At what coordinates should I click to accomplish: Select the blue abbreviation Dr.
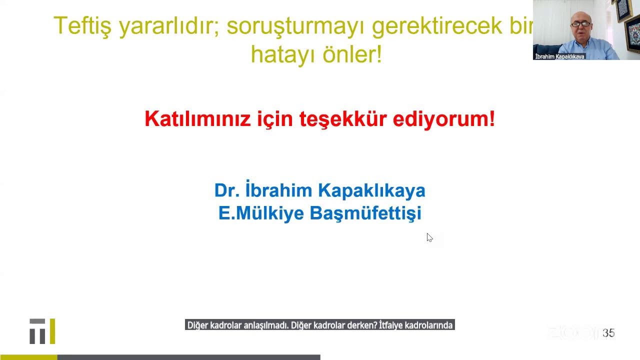click(227, 190)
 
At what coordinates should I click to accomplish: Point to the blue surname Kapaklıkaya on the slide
click(371, 190)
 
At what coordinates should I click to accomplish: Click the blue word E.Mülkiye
click(261, 213)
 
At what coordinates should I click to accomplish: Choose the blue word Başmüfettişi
click(365, 213)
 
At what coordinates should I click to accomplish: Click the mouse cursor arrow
click(429, 237)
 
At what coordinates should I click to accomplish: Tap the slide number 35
click(608, 333)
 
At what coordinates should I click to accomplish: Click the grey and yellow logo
click(42, 331)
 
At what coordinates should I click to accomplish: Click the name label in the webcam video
click(559, 56)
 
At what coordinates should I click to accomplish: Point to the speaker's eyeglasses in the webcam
click(581, 23)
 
